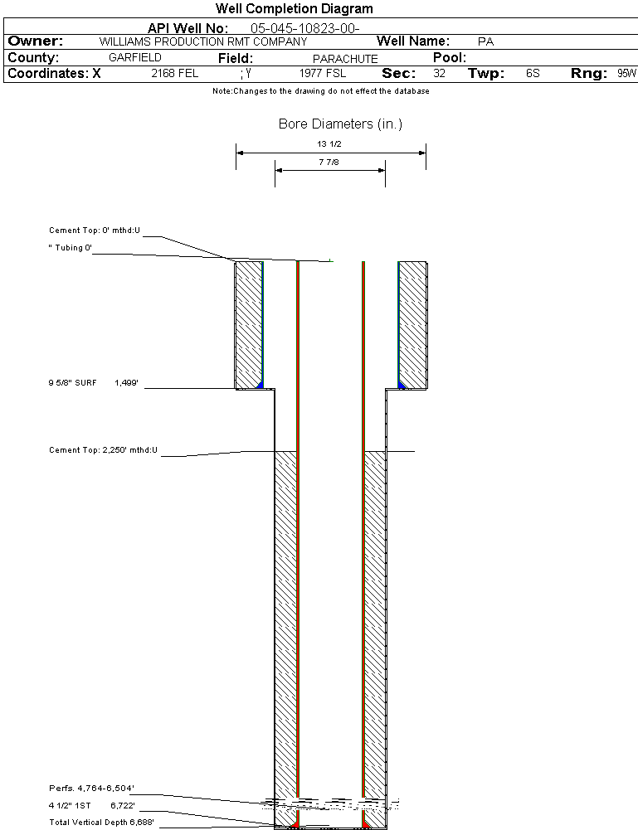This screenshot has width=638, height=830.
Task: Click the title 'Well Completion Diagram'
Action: pyautogui.click(x=295, y=9)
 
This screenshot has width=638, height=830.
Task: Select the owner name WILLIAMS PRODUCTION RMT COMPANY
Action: pyautogui.click(x=202, y=41)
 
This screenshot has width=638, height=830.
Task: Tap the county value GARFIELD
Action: pyautogui.click(x=135, y=58)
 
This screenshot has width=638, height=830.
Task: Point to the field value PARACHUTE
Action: pyautogui.click(x=345, y=59)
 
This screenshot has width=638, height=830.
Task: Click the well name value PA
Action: pyautogui.click(x=486, y=41)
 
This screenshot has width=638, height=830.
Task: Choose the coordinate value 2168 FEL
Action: pyautogui.click(x=175, y=74)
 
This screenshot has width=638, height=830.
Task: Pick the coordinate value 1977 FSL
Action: pyautogui.click(x=323, y=74)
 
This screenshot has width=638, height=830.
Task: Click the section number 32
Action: pyautogui.click(x=439, y=74)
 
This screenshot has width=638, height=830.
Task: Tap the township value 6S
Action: pyautogui.click(x=533, y=74)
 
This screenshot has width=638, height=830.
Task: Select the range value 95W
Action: pyautogui.click(x=626, y=74)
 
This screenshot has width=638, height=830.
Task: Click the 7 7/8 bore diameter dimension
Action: pyautogui.click(x=330, y=162)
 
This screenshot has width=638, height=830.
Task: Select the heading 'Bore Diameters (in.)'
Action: pyautogui.click(x=340, y=124)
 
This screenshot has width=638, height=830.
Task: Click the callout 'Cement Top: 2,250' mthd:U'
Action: pyautogui.click(x=103, y=450)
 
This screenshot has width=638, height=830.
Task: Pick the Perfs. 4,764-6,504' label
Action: pyautogui.click(x=91, y=788)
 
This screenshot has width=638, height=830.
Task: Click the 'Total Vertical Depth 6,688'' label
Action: pyautogui.click(x=101, y=822)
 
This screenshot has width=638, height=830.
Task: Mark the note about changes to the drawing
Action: pyautogui.click(x=321, y=91)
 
